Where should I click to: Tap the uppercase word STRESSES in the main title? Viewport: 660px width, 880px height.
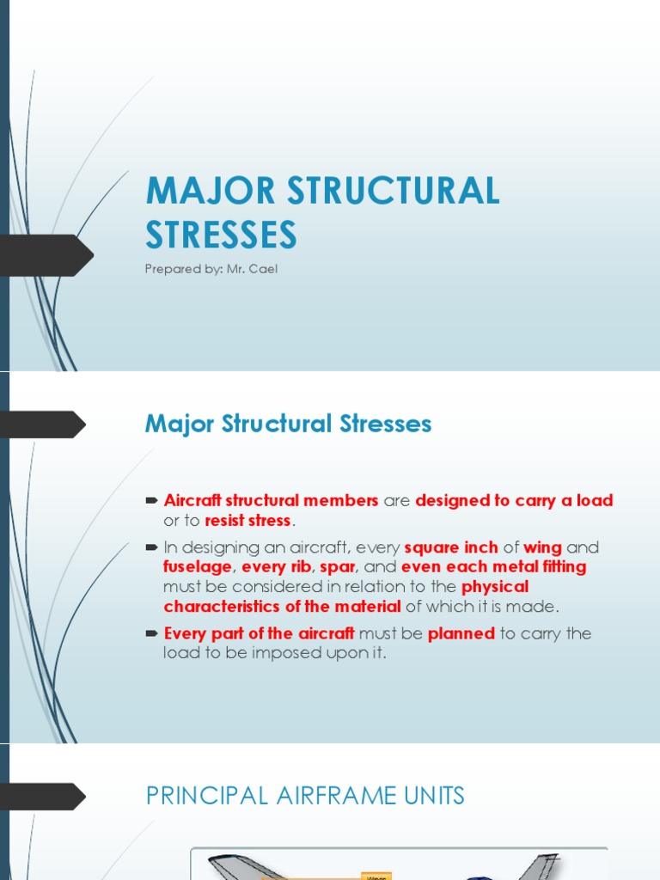click(x=222, y=235)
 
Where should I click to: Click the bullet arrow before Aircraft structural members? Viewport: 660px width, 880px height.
click(x=153, y=500)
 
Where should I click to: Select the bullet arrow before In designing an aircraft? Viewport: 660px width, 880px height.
click(x=153, y=547)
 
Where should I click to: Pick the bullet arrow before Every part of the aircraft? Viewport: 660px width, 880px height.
click(x=153, y=633)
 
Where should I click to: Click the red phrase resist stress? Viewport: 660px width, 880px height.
click(x=247, y=521)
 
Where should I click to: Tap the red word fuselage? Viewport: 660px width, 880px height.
click(x=198, y=567)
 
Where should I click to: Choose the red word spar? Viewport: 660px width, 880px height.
click(x=338, y=567)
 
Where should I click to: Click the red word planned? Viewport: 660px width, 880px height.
click(x=461, y=633)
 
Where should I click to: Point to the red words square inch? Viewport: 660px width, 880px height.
click(x=451, y=547)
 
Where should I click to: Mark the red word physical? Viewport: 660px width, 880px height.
click(x=496, y=587)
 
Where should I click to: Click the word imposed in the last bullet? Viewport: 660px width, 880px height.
click(x=305, y=653)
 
